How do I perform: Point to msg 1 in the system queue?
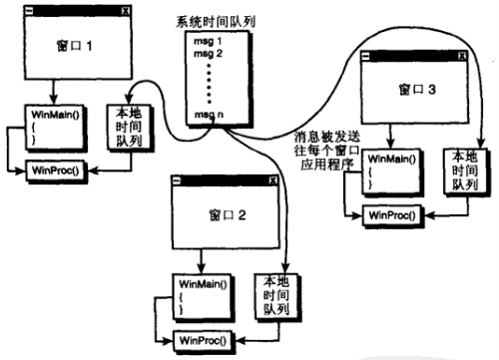tap(209, 40)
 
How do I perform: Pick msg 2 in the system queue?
tap(209, 53)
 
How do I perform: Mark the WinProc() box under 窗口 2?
tap(204, 340)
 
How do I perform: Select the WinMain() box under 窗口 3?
tap(387, 171)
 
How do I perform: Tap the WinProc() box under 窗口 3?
tap(390, 213)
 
